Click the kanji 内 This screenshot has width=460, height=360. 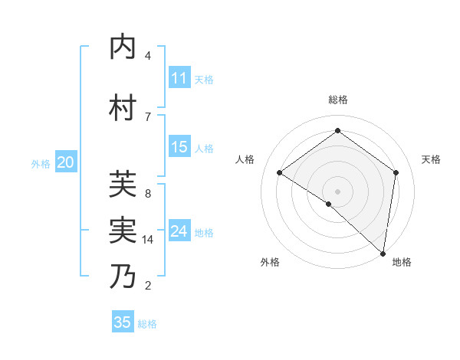(123, 47)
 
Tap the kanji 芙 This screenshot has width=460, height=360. (123, 184)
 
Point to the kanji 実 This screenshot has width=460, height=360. (123, 230)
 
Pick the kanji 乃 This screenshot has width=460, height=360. (123, 276)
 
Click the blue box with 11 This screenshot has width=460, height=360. (179, 79)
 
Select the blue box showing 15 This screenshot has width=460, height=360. (179, 148)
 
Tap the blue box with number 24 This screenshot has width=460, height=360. (179, 231)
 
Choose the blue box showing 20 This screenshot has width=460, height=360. (66, 162)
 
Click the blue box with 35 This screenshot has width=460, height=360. (123, 322)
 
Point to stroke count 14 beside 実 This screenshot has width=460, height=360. (148, 240)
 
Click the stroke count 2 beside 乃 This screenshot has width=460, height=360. (148, 286)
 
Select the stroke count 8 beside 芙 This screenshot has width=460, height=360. (148, 194)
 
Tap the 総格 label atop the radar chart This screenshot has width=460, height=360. (337, 100)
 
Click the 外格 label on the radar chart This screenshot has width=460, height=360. (270, 263)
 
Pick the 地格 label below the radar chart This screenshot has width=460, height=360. (402, 263)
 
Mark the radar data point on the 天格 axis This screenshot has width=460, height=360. (396, 172)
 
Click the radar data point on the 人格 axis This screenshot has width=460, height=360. (280, 172)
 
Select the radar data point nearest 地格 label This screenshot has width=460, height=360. (383, 252)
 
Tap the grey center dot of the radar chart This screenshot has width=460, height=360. (337, 191)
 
